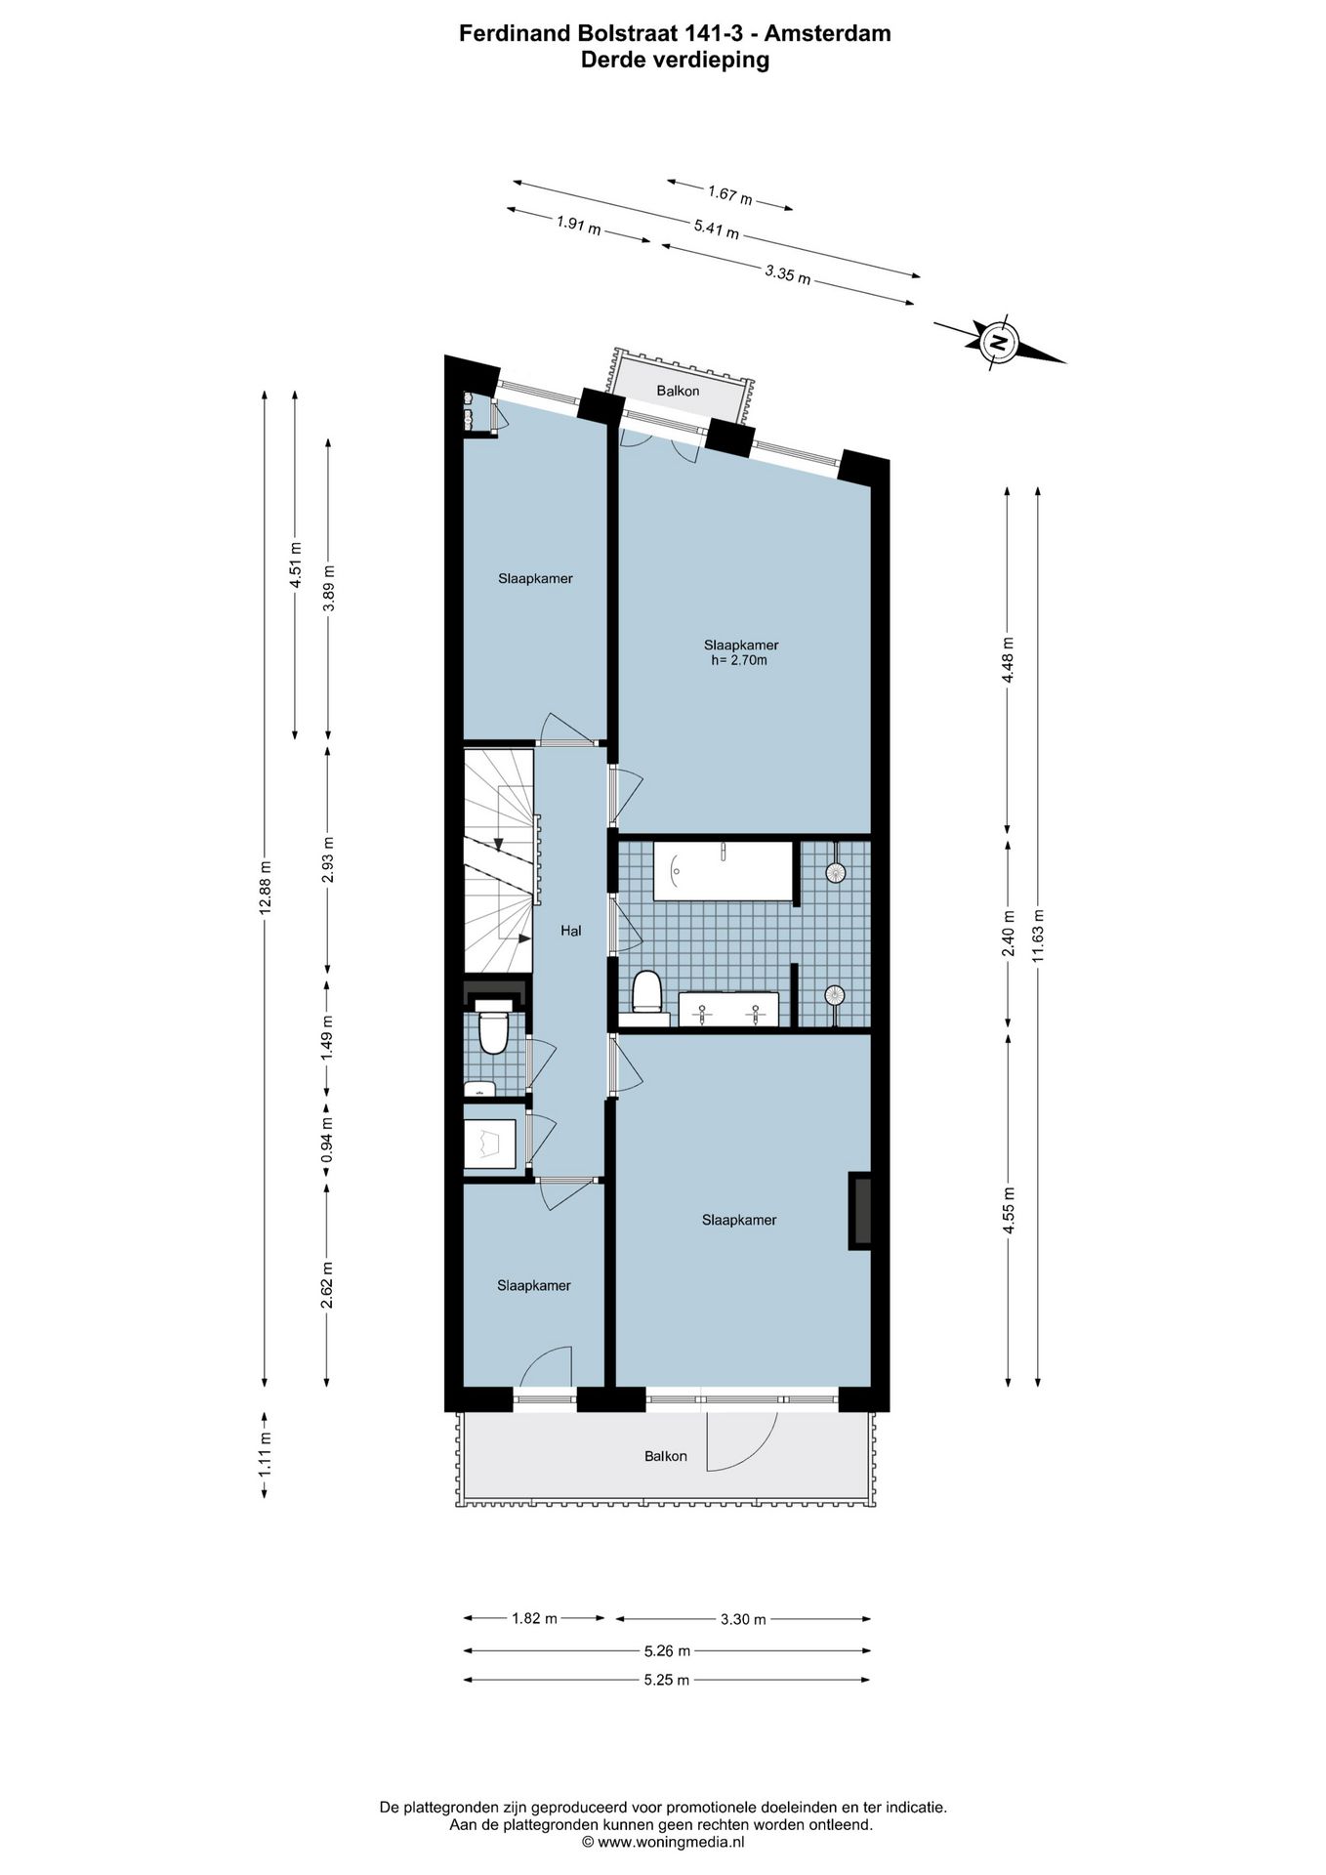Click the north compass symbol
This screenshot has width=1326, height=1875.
998,342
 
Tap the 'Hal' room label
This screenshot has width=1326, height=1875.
570,931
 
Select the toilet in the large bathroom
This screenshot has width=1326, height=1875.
646,993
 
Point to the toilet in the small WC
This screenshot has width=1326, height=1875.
493,1032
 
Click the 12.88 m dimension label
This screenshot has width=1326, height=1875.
265,887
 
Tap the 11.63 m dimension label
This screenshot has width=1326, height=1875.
1038,936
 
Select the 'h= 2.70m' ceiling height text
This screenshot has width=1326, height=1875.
739,660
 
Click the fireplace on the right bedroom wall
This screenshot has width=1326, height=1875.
860,1210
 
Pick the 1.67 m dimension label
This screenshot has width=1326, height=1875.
730,196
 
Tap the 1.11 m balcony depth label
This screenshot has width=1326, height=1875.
265,1453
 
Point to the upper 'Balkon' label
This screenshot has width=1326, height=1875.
678,391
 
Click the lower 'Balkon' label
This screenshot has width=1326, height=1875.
665,1456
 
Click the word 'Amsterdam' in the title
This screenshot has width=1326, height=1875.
827,33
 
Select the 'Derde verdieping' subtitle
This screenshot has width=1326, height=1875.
675,60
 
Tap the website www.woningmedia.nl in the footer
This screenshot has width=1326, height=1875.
670,1842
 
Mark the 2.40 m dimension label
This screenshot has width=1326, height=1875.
1009,935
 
